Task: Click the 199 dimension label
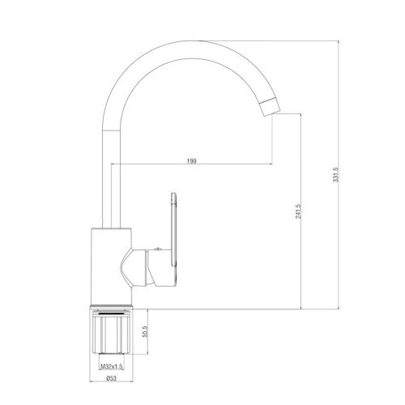tap(192, 161)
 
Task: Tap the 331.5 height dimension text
tap(335, 175)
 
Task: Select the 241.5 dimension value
tap(298, 211)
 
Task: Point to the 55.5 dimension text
tap(145, 330)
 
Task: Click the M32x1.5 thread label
tap(112, 366)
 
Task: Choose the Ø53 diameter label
tap(111, 378)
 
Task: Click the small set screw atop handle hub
tap(158, 249)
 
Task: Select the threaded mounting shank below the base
tap(111, 333)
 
